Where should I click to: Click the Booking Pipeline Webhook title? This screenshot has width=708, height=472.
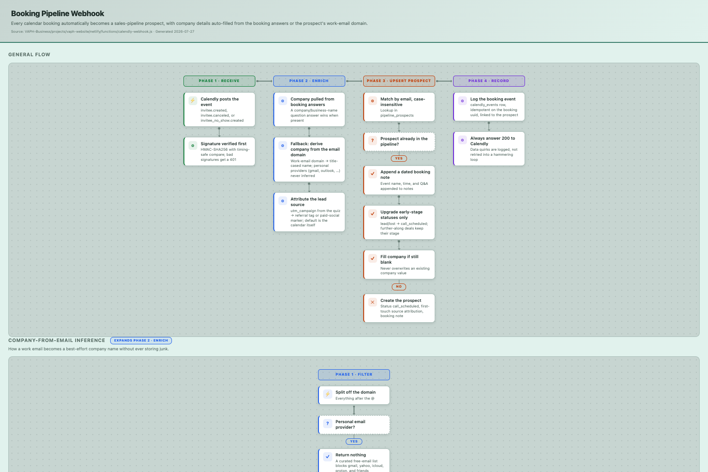[58, 13]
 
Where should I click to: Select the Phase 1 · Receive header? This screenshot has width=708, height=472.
[219, 81]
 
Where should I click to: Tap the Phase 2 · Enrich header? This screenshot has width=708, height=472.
[309, 81]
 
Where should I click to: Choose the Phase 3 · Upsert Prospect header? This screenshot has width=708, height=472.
[399, 81]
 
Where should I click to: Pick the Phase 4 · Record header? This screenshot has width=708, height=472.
[489, 81]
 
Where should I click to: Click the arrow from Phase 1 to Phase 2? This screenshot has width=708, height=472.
[264, 81]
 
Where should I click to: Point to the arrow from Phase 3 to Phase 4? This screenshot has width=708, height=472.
[444, 81]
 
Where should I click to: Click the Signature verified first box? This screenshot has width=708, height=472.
[219, 152]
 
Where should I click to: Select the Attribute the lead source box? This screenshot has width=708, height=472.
[309, 212]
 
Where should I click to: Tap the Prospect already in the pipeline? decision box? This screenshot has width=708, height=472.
[399, 142]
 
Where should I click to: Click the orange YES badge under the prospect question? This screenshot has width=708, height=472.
[399, 159]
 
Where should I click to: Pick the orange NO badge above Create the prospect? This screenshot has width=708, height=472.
[399, 287]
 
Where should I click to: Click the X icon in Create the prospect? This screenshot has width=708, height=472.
[372, 302]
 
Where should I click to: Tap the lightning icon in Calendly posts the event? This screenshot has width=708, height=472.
[193, 100]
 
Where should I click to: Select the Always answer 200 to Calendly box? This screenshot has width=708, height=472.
[489, 148]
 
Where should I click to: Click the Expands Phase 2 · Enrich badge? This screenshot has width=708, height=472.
[141, 341]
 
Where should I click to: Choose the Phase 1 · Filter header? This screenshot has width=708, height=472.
[354, 375]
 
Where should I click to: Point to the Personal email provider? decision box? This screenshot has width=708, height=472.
[354, 425]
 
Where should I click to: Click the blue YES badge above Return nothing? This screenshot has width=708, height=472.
[354, 441]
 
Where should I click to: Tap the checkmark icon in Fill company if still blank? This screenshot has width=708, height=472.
[372, 258]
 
